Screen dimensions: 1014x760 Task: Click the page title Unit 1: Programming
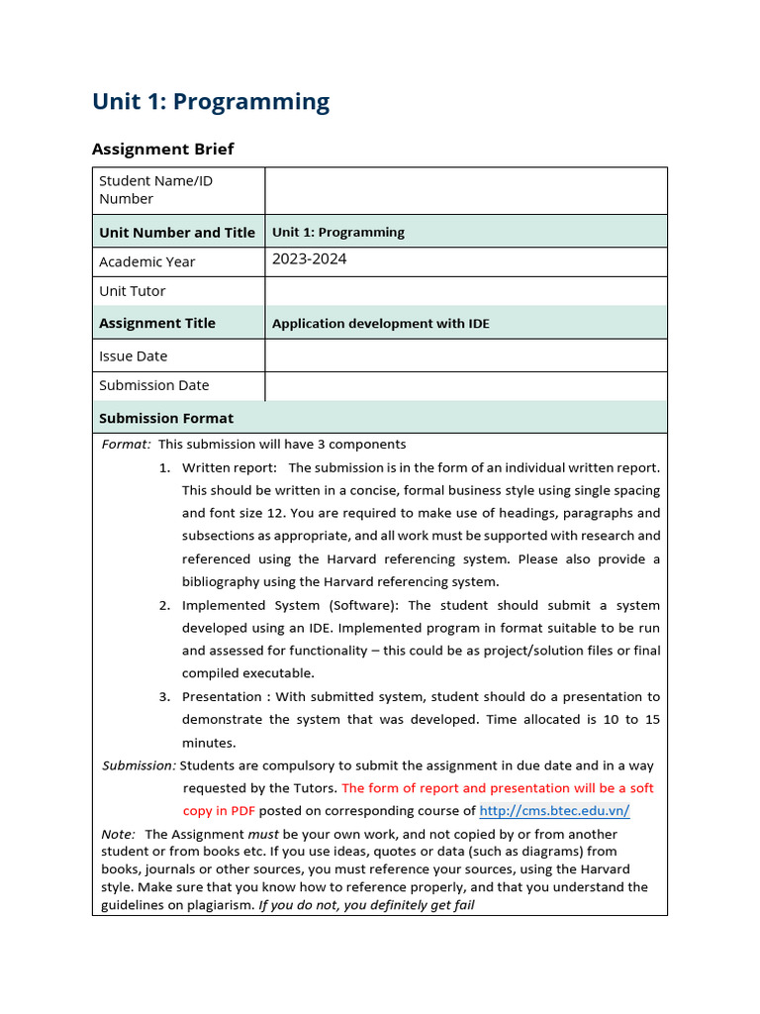[x=211, y=102]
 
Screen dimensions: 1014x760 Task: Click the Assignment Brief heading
[x=163, y=149]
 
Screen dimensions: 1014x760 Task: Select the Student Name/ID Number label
[x=155, y=189]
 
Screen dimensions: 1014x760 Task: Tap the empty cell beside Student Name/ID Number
[x=465, y=190]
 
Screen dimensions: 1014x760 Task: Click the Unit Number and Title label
[x=177, y=232]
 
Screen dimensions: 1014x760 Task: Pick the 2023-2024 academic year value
[x=310, y=259]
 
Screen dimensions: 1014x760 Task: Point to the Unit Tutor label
[x=133, y=291]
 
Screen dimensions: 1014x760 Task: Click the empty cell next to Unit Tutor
[x=465, y=291]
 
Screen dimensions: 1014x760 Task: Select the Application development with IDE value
[x=381, y=323]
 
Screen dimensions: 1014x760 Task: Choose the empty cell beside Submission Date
[x=465, y=385]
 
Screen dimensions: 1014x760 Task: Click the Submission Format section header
[x=166, y=418]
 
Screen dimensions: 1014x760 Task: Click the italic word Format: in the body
[x=127, y=445]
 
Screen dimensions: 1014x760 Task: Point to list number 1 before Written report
[x=164, y=467]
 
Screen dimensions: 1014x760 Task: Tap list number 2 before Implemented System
[x=164, y=605]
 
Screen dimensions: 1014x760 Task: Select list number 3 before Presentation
[x=164, y=697]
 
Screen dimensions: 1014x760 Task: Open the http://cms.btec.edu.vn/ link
[x=554, y=811]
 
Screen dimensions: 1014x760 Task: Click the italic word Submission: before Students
[x=140, y=765]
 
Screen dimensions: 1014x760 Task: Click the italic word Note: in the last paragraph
[x=119, y=835]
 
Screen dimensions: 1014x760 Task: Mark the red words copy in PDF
[x=219, y=811]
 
